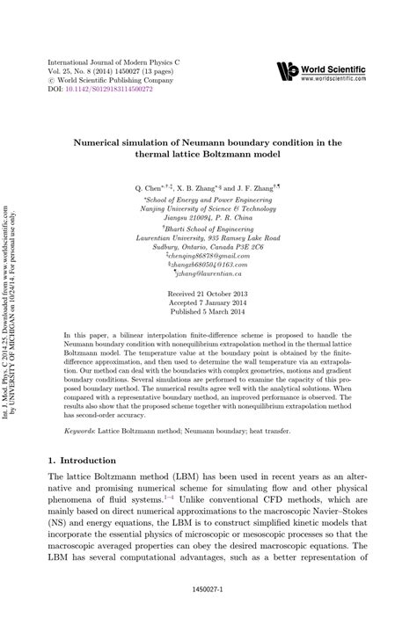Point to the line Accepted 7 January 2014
(208, 301)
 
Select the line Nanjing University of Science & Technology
(208, 209)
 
